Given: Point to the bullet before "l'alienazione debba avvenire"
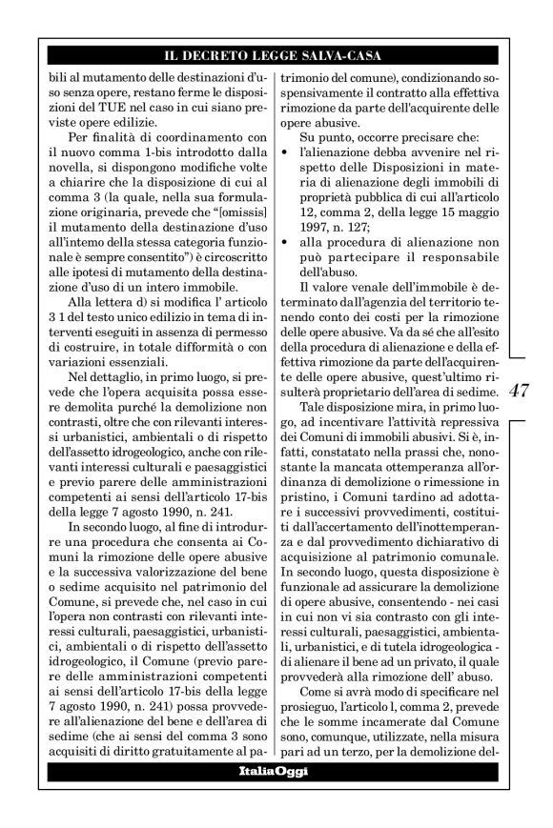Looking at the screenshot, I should coord(291,153).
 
